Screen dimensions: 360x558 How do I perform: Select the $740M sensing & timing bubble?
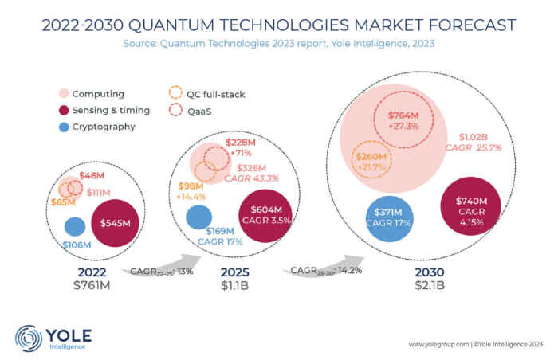click(x=470, y=209)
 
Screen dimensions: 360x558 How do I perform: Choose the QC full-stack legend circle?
click(x=176, y=95)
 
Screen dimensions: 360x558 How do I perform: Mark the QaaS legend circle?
click(x=176, y=111)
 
